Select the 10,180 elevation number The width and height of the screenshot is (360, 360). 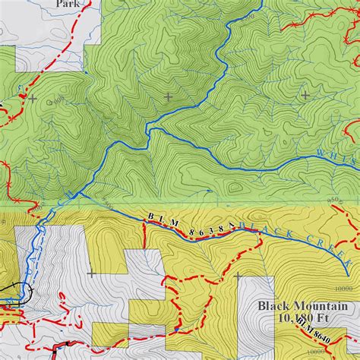pyautogui.click(x=297, y=318)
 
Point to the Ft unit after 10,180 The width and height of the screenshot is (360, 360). pyautogui.click(x=327, y=318)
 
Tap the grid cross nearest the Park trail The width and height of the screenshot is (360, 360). pyautogui.click(x=32, y=98)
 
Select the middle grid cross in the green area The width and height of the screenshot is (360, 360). pyautogui.click(x=168, y=96)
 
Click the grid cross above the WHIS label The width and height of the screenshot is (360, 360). pyautogui.click(x=305, y=96)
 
